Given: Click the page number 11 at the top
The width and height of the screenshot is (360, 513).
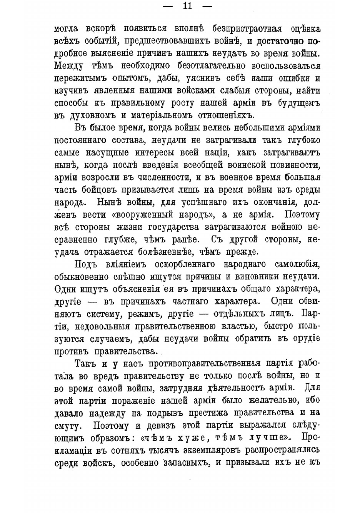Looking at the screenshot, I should [x=188, y=6].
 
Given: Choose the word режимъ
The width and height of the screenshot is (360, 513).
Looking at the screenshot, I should [x=146, y=314].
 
